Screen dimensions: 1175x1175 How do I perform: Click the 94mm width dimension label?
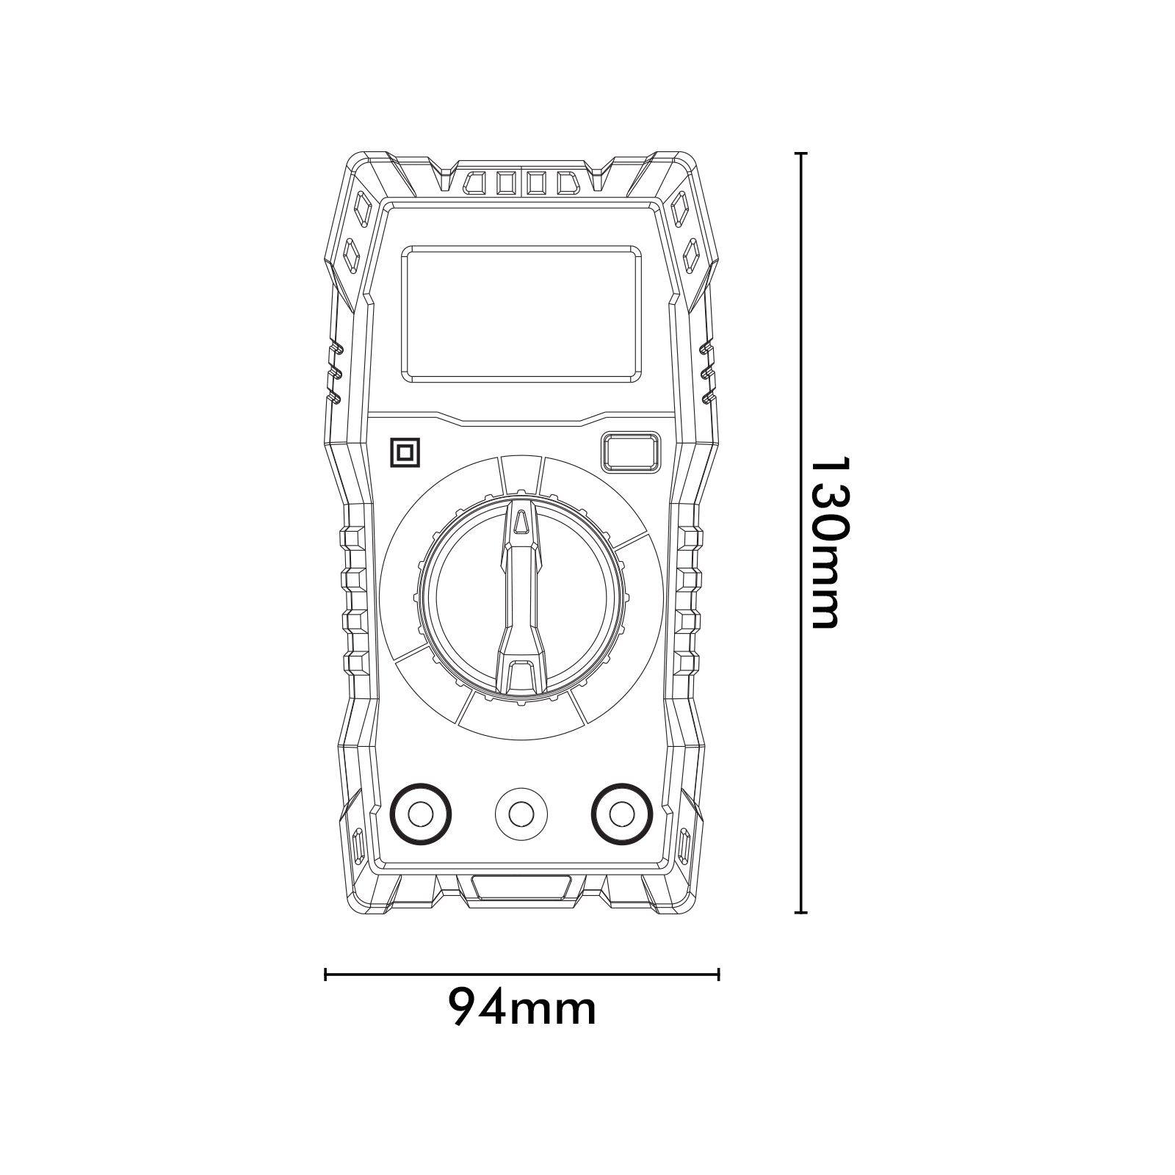tap(522, 1008)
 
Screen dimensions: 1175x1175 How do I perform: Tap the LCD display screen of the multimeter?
tap(521, 314)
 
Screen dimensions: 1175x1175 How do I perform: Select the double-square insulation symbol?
tap(405, 452)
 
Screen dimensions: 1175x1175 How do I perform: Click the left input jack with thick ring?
tap(420, 814)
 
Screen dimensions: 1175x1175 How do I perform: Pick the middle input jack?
tap(521, 814)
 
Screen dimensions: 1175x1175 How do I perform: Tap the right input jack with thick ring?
tap(623, 814)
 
